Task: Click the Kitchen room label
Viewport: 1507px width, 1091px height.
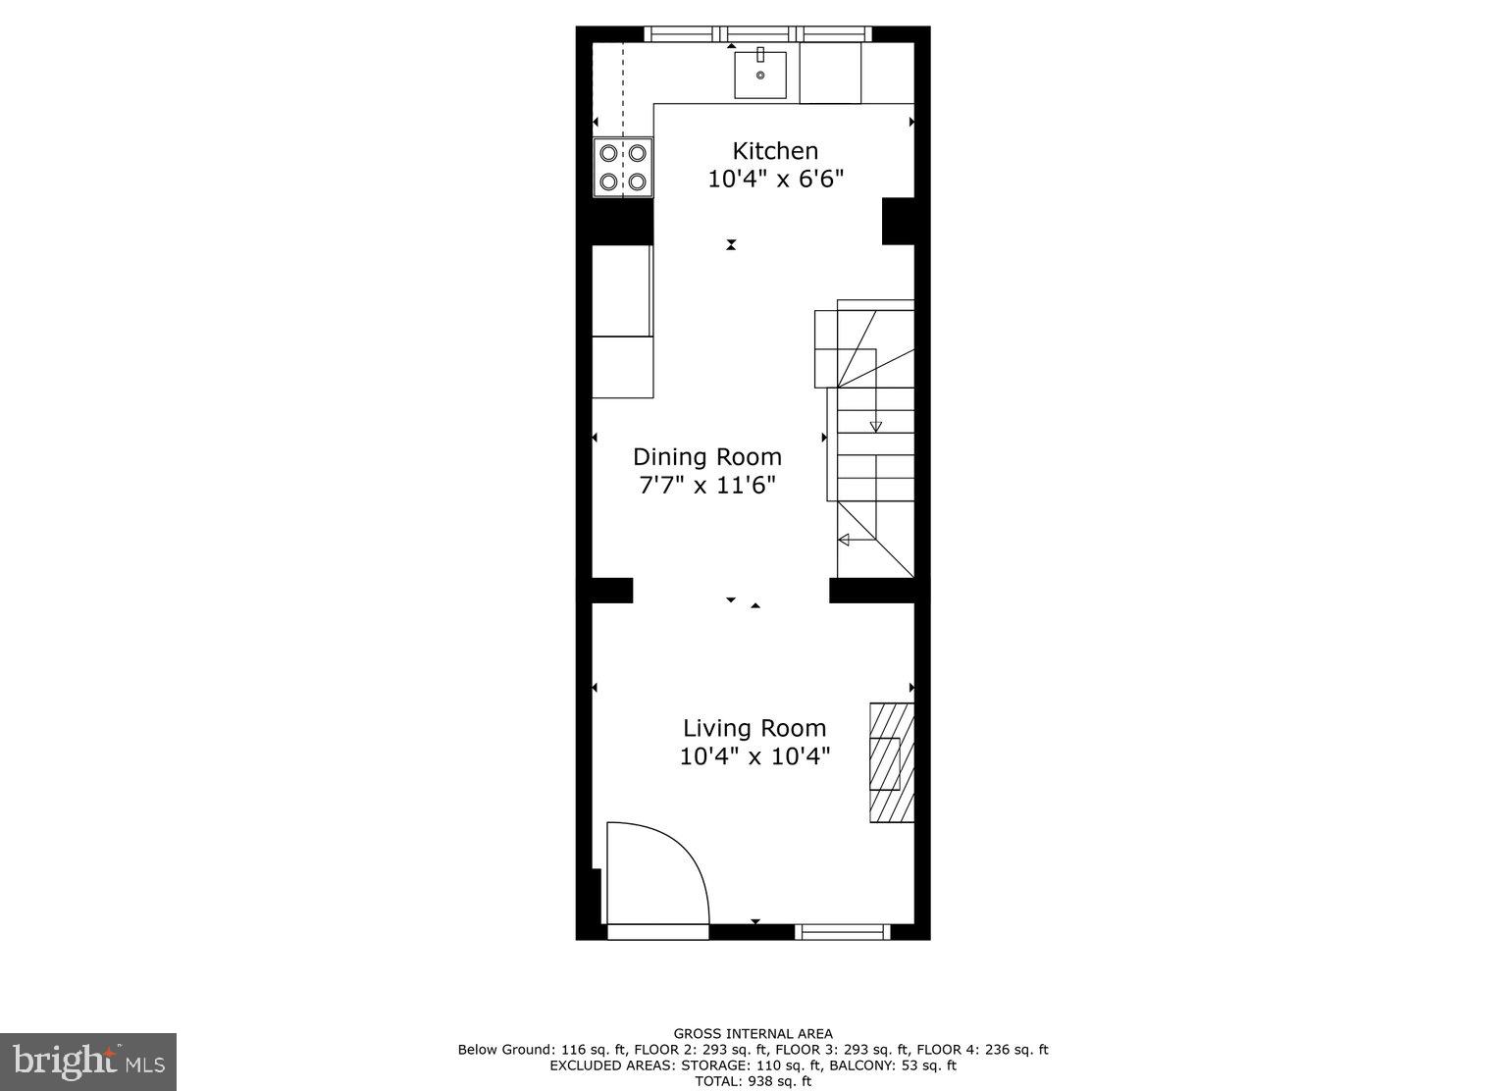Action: pyautogui.click(x=775, y=151)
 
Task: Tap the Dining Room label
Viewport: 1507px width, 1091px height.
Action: pyautogui.click(x=706, y=457)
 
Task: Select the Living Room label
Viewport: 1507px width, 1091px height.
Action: pyautogui.click(x=754, y=728)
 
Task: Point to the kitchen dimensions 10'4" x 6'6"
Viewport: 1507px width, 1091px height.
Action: pyautogui.click(x=775, y=181)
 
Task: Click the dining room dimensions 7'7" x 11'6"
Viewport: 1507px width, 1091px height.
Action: pyautogui.click(x=706, y=486)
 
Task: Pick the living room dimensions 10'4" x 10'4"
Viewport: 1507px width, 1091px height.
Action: pyautogui.click(x=754, y=756)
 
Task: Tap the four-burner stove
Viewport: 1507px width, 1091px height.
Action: pyautogui.click(x=623, y=167)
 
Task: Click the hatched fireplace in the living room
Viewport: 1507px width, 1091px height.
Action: pyautogui.click(x=891, y=762)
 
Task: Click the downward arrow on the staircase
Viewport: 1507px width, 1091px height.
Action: pyautogui.click(x=875, y=425)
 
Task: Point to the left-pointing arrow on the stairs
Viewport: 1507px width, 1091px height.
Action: pyautogui.click(x=843, y=540)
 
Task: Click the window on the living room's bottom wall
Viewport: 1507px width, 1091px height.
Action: pyautogui.click(x=842, y=931)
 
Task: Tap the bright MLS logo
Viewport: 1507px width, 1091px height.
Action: pyautogui.click(x=87, y=1062)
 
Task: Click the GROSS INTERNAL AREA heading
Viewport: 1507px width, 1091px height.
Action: pyautogui.click(x=753, y=1033)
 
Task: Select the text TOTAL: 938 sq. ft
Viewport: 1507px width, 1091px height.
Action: pyautogui.click(x=753, y=1081)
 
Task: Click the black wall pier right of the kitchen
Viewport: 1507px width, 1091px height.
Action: pyautogui.click(x=898, y=221)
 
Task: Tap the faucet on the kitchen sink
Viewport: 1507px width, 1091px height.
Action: pyautogui.click(x=760, y=54)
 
